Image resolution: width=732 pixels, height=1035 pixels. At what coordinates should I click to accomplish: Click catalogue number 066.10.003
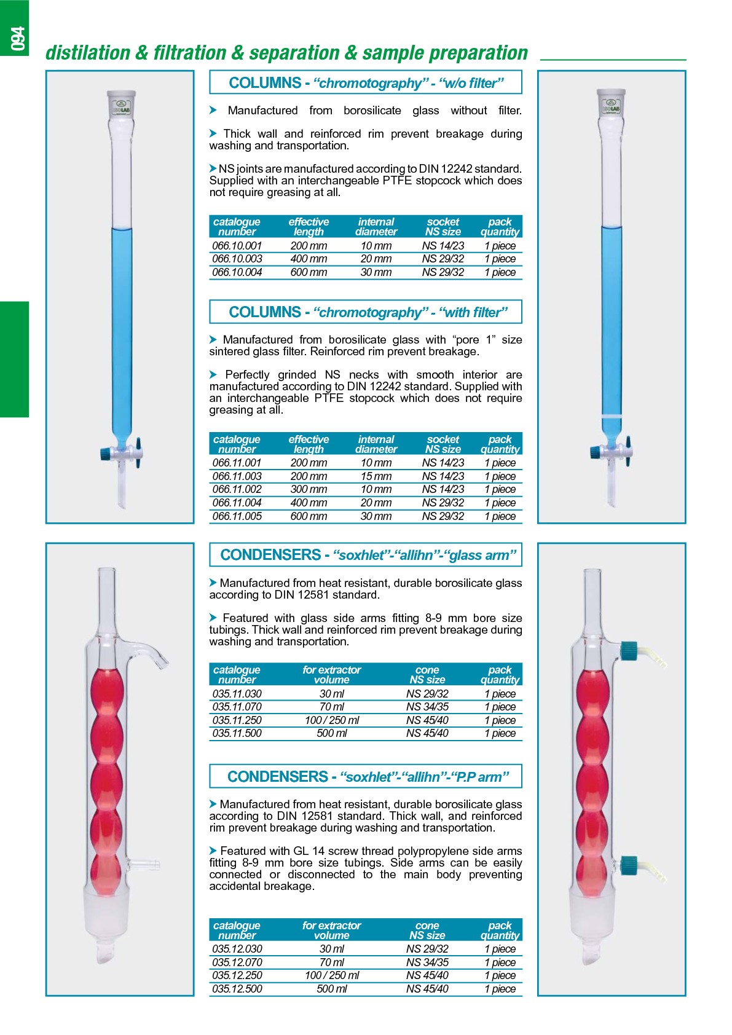coord(237,259)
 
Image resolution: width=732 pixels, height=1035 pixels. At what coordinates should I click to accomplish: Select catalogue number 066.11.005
coord(237,516)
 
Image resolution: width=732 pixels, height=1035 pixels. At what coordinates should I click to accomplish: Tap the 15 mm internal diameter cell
coord(376,476)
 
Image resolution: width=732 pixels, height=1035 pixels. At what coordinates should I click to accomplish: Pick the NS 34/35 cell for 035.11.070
coord(427,707)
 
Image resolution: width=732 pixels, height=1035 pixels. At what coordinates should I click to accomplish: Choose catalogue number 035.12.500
coord(237,989)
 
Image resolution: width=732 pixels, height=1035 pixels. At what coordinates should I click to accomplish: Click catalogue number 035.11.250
coord(237,720)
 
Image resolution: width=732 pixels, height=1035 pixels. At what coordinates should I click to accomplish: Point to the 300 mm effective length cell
coord(309,489)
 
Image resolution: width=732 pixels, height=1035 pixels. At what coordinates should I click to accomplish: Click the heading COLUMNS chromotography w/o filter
coord(366,82)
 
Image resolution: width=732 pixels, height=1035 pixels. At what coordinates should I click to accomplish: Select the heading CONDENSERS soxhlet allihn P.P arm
coord(366,777)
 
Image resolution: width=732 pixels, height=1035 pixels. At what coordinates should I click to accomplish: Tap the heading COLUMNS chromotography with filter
coord(366,312)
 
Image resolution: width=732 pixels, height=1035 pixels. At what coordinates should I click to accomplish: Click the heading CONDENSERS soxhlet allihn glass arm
coord(366,555)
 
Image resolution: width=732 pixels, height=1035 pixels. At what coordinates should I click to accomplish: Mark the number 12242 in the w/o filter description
coord(459,168)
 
